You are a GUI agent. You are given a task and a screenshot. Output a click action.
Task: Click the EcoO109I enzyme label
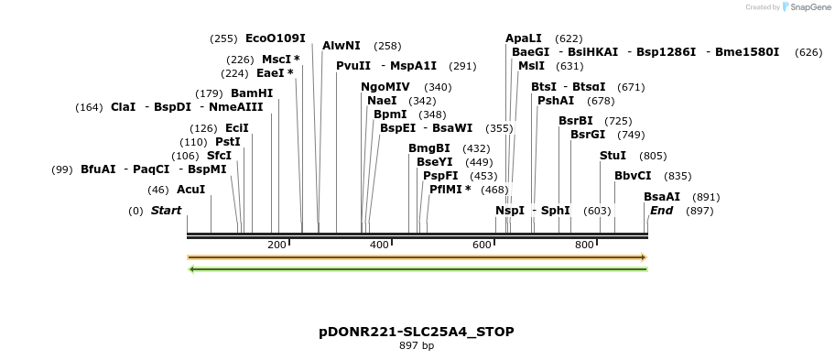[x=276, y=38]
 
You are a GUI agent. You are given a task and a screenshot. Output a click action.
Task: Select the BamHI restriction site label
[x=252, y=93]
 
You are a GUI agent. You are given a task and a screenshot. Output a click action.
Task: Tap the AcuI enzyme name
[x=190, y=190]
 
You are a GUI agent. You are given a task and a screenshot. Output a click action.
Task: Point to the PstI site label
[x=228, y=142]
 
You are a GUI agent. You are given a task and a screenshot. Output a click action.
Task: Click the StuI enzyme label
[x=613, y=156]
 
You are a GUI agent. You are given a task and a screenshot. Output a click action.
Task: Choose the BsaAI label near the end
[x=662, y=197]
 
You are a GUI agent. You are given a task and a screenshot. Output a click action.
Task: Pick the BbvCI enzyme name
[x=633, y=176]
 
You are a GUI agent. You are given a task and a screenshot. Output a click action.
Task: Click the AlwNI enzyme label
[x=342, y=46]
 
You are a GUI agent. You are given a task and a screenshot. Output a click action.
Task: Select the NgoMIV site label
[x=385, y=87]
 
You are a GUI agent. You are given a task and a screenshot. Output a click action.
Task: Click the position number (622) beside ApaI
[x=569, y=38]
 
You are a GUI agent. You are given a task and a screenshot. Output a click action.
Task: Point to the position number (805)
[x=653, y=156]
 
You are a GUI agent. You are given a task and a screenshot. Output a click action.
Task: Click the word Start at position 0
[x=167, y=211]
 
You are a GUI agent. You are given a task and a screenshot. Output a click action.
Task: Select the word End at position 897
[x=661, y=211]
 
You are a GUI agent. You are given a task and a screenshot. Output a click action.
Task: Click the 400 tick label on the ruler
[x=379, y=245]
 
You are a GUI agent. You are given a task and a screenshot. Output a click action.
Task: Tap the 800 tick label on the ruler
[x=584, y=245]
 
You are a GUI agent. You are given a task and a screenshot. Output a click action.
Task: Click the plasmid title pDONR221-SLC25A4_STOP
[x=417, y=332]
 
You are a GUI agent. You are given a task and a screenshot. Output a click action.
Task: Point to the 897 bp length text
[x=417, y=346]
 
